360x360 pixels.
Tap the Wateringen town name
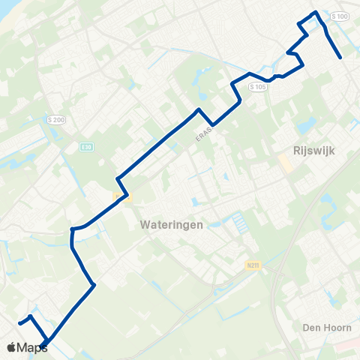[x=171, y=223]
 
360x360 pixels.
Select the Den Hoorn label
[x=322, y=327]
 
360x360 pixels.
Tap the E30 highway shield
[x=87, y=147]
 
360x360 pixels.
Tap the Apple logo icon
[x=11, y=347]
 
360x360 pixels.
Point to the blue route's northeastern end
[x=341, y=57]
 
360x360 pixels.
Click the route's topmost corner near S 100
[x=316, y=12]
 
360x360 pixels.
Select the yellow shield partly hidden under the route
[x=122, y=197]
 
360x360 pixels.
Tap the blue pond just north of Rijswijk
[x=307, y=127]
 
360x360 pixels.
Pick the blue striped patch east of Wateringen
[x=238, y=222]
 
